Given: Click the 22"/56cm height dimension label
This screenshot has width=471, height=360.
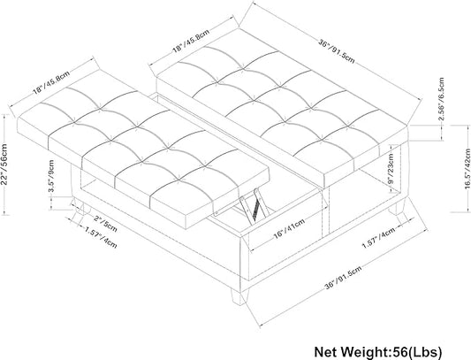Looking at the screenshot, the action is pyautogui.click(x=4, y=165).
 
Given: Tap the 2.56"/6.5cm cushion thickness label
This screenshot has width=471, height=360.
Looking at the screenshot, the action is pyautogui.click(x=441, y=99).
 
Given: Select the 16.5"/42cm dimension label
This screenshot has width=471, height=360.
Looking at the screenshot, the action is pyautogui.click(x=467, y=169).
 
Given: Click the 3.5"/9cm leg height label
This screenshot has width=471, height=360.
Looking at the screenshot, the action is pyautogui.click(x=51, y=176).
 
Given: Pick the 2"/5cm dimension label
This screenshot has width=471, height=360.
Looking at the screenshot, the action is pyautogui.click(x=105, y=224).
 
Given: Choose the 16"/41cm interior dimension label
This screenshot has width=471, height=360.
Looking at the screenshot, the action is pyautogui.click(x=289, y=228).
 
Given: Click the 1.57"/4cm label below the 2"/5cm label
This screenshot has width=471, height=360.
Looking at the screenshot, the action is pyautogui.click(x=100, y=238).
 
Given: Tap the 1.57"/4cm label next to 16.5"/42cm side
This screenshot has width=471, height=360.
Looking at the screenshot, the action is pyautogui.click(x=378, y=238).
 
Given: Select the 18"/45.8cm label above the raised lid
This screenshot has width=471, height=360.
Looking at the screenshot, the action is pyautogui.click(x=51, y=82).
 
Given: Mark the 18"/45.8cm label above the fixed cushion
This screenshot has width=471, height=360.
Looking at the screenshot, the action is pyautogui.click(x=191, y=41).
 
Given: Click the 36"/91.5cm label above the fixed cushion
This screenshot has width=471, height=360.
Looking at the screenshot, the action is pyautogui.click(x=337, y=50).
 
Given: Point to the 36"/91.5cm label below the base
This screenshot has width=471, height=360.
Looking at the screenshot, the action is pyautogui.click(x=343, y=278).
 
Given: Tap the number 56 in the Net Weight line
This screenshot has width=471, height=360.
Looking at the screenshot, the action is pyautogui.click(x=397, y=351).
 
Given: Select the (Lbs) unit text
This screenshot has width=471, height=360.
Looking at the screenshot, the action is pyautogui.click(x=423, y=352).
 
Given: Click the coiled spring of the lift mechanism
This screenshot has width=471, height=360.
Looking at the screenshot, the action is pyautogui.click(x=256, y=209).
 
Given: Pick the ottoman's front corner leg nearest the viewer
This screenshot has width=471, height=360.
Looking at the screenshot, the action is pyautogui.click(x=238, y=296).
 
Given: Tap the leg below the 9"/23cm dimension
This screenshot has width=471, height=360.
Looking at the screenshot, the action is pyautogui.click(x=397, y=207).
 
